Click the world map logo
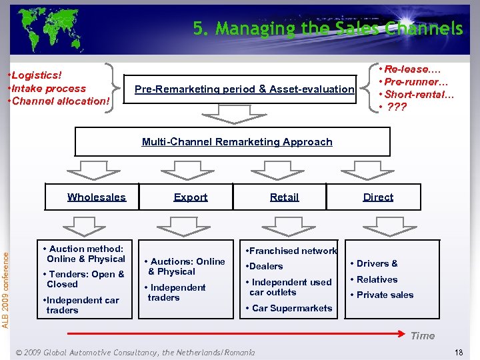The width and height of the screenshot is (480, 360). pyautogui.click(x=50, y=28)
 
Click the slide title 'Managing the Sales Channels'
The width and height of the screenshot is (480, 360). pyautogui.click(x=327, y=29)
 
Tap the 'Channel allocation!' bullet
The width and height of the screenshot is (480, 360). pyautogui.click(x=59, y=101)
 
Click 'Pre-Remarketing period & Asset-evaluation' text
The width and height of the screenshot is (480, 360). pyautogui.click(x=245, y=89)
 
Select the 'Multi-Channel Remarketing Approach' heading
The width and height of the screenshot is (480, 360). pyautogui.click(x=237, y=142)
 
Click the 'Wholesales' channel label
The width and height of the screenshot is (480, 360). pyautogui.click(x=96, y=197)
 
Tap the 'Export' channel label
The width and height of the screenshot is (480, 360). pyautogui.click(x=191, y=197)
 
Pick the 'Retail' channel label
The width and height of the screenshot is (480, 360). pyautogui.click(x=284, y=197)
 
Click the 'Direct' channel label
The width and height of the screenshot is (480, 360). pyautogui.click(x=378, y=197)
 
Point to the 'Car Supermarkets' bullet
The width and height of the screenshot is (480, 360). pyautogui.click(x=291, y=308)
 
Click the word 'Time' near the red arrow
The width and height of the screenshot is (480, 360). pyautogui.click(x=422, y=336)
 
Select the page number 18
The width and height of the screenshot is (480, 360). pyautogui.click(x=458, y=352)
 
